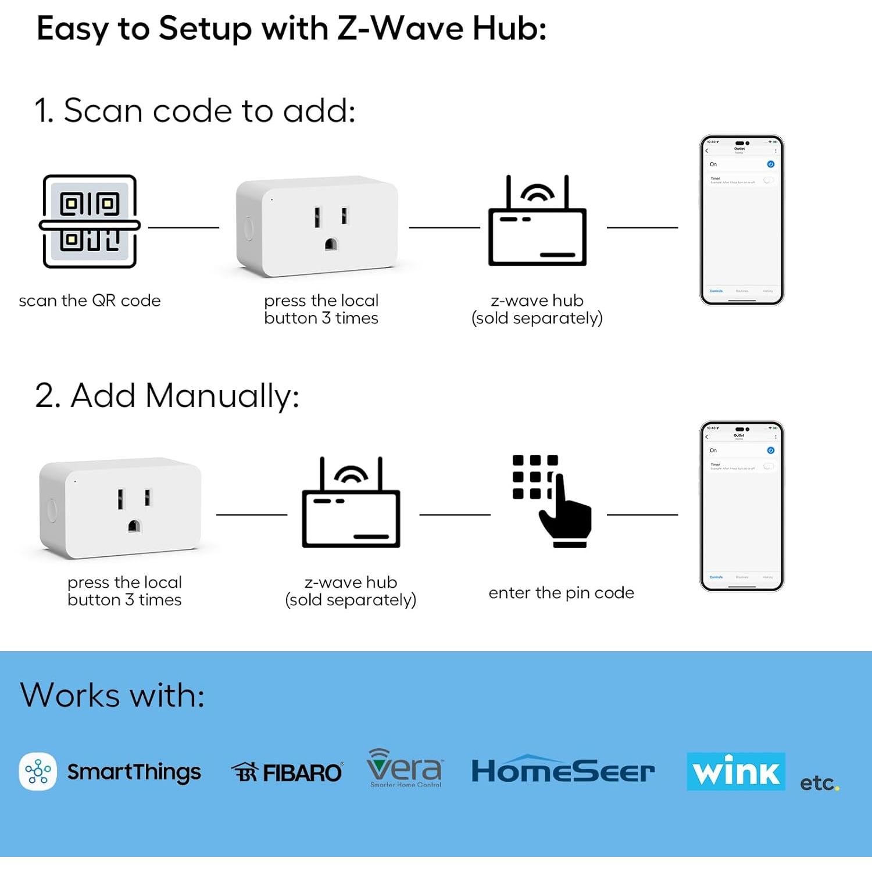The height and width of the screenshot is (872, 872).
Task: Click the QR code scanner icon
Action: (x=90, y=221)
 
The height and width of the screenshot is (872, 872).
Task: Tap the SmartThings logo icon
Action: (x=38, y=771)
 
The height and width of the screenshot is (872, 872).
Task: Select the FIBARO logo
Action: (x=287, y=773)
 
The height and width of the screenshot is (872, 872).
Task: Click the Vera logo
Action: (x=405, y=768)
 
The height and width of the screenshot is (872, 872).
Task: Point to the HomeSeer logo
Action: (x=563, y=770)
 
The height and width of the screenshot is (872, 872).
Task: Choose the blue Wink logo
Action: (x=735, y=771)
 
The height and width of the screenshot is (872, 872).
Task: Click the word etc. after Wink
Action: (x=819, y=783)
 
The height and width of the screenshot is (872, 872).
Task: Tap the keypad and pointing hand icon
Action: (x=552, y=501)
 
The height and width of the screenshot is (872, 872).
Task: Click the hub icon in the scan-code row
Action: (x=537, y=221)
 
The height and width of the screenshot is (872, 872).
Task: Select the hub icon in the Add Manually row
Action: (x=351, y=503)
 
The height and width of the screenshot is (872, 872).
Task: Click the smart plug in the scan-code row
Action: (x=317, y=226)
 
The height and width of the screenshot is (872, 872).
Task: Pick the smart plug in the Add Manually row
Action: (x=120, y=508)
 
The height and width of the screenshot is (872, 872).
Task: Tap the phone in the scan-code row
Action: (x=742, y=220)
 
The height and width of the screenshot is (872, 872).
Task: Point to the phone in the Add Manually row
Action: (x=742, y=506)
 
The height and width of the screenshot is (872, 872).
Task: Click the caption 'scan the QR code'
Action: (x=90, y=301)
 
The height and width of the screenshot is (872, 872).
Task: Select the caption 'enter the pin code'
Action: (x=561, y=593)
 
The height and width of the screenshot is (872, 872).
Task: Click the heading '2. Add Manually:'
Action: (x=167, y=396)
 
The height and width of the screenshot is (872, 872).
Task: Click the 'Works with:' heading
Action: (x=112, y=695)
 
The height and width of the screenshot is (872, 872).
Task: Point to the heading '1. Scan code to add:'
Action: (x=195, y=110)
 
